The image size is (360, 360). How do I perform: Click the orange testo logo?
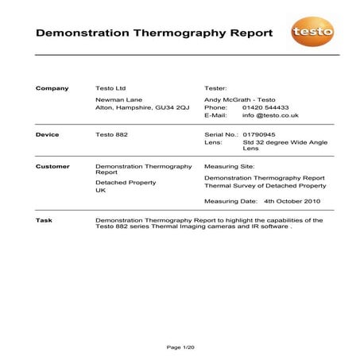312,33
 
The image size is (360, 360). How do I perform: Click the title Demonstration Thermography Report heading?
154,34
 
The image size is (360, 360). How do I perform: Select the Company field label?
52,88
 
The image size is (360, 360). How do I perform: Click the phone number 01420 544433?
265,106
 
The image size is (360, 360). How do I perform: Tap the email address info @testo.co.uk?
270,115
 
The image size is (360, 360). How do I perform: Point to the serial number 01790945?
258,135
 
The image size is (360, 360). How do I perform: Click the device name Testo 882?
111,135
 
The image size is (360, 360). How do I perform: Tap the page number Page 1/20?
180,347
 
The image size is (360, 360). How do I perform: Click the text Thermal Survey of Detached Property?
265,186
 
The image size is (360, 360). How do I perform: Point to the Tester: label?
216,88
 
